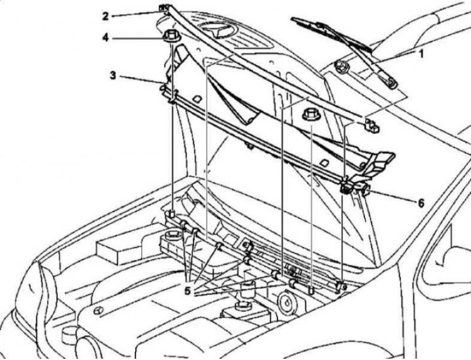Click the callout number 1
tap(421, 54)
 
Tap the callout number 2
tap(105, 16)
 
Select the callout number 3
tap(112, 75)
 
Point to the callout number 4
tap(105, 38)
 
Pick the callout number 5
tap(187, 291)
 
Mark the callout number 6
tap(421, 204)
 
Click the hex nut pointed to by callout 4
tap(171, 36)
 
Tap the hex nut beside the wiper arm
tap(341, 66)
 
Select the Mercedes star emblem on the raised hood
tap(217, 29)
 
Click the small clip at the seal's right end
tap(372, 125)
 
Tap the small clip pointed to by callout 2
tap(164, 8)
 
